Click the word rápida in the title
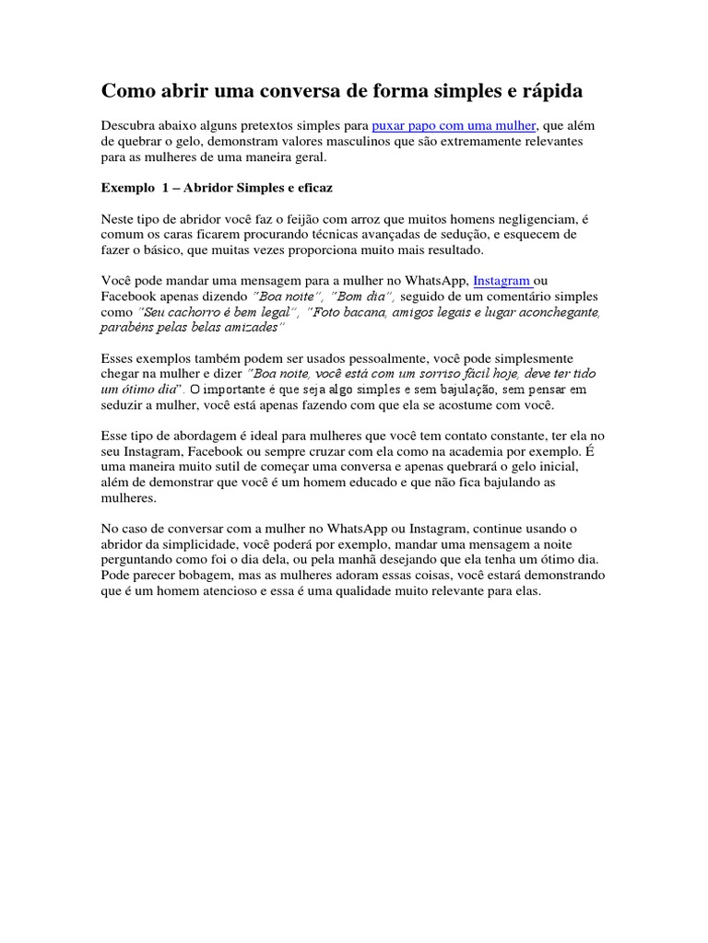click(549, 92)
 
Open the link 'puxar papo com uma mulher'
click(454, 125)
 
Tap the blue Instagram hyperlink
click(502, 281)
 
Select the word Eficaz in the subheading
click(312, 188)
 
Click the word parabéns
click(130, 329)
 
